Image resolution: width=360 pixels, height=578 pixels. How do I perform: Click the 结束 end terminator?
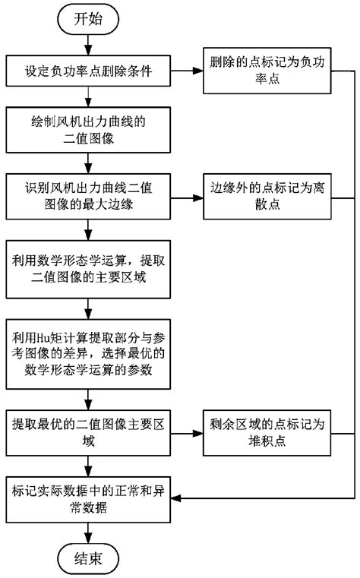pos(90,557)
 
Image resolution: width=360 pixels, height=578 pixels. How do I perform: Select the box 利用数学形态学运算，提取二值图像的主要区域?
pos(90,271)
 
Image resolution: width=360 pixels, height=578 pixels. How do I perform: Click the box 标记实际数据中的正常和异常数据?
pos(90,497)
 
